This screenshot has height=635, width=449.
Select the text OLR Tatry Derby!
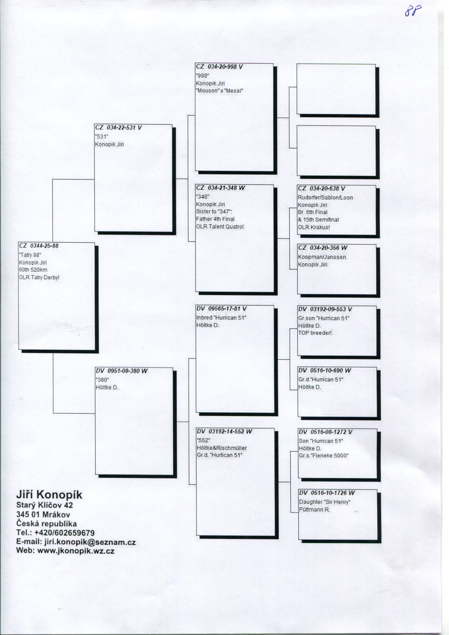click(x=39, y=277)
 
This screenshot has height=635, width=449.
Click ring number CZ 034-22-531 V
click(x=118, y=128)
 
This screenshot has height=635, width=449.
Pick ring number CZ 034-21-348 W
click(x=220, y=188)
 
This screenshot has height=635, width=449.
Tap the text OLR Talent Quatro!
click(x=220, y=227)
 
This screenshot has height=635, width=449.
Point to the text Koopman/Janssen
click(x=322, y=257)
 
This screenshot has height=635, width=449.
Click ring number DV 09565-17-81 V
click(x=221, y=309)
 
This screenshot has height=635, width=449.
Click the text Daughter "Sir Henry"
click(x=324, y=502)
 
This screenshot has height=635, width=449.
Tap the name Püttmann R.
click(x=315, y=509)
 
